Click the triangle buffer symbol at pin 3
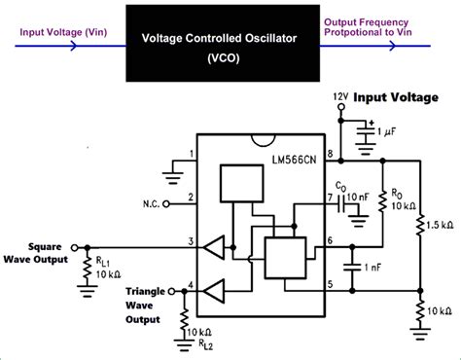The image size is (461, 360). click(217, 248)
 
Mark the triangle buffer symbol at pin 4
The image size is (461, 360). click(217, 289)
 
